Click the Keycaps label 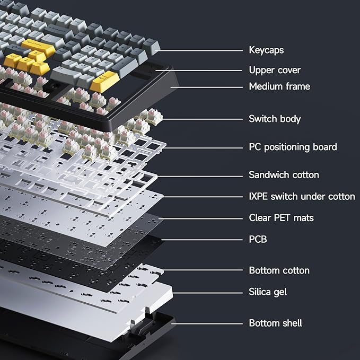coord(266,50)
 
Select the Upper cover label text coord(275,70)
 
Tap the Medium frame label coord(279,86)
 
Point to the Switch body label coord(275,119)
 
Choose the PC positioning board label coord(293,147)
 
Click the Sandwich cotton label coord(284,174)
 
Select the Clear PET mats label coord(281,218)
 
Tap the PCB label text coord(258,239)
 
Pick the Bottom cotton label coord(279,270)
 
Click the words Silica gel coord(268,292)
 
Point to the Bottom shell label coord(276,323)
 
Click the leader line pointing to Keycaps coord(201,51)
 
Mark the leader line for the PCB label coord(201,240)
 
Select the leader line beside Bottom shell coord(207,323)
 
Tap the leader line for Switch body coord(201,119)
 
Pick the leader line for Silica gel coord(207,292)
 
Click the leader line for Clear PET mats coord(201,218)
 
